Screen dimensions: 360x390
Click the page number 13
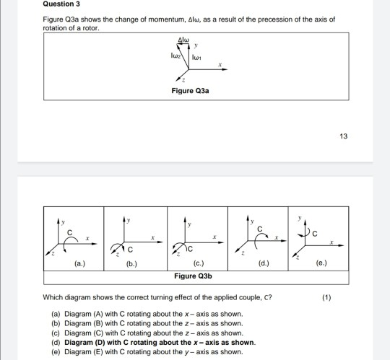point(343,136)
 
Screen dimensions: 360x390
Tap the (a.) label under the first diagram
point(77,263)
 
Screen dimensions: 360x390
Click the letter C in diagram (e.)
point(316,233)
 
